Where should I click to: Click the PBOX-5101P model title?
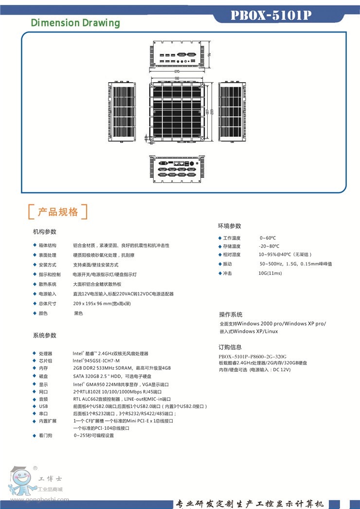(x=271, y=16)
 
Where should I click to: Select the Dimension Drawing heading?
(x=75, y=23)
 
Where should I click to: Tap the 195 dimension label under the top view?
(x=177, y=72)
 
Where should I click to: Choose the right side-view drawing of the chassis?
(x=233, y=112)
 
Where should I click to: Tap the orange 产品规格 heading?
(x=58, y=212)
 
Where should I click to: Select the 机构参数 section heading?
(x=45, y=231)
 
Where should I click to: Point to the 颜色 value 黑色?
(x=78, y=313)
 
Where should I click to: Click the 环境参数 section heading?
(x=229, y=226)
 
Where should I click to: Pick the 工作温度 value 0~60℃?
(x=268, y=238)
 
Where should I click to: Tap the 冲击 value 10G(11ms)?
(x=270, y=273)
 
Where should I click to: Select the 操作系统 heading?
(x=231, y=314)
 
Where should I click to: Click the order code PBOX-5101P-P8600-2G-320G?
(x=252, y=356)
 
